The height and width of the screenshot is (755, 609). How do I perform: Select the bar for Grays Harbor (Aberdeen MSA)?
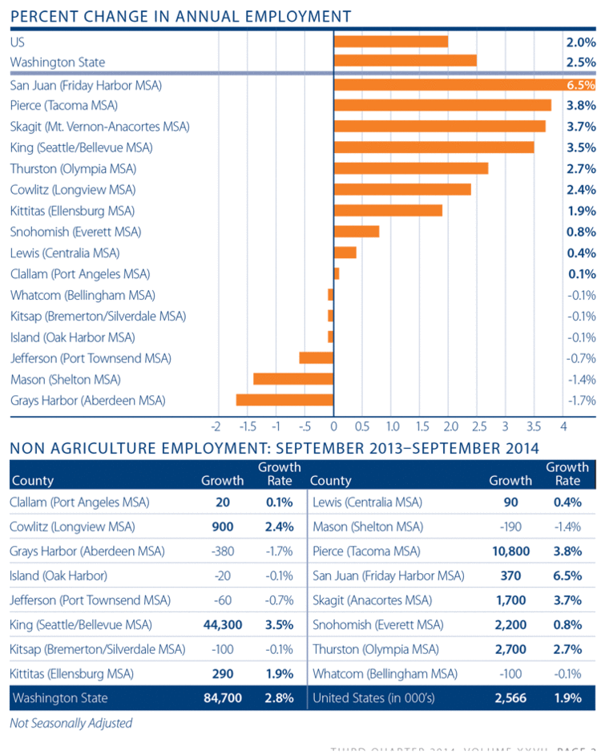(x=284, y=400)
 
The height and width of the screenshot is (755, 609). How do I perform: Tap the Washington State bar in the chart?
(x=405, y=61)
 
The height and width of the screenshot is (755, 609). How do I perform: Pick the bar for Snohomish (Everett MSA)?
(x=357, y=232)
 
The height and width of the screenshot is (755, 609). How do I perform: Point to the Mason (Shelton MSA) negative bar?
(x=293, y=379)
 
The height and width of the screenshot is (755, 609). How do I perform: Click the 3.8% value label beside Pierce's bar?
(x=581, y=105)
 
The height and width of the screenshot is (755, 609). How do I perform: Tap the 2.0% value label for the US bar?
(x=581, y=42)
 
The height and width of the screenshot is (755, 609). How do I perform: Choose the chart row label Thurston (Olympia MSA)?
(x=73, y=168)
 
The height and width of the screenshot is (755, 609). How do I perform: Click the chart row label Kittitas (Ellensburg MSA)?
(x=72, y=211)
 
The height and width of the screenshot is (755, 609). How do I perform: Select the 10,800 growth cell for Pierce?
(x=510, y=551)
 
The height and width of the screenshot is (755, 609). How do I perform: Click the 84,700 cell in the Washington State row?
(x=222, y=698)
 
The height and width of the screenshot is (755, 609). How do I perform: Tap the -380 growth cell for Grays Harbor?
(x=229, y=551)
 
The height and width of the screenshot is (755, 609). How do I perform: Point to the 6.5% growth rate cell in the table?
(x=567, y=575)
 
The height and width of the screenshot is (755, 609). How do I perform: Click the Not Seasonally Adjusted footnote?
(x=71, y=723)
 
